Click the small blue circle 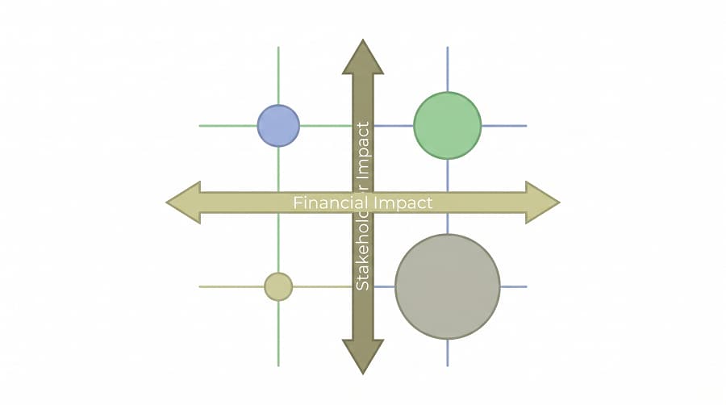click(x=278, y=126)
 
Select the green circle click(x=447, y=126)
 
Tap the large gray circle click(x=447, y=286)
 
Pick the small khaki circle click(x=278, y=287)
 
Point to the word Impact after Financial click(x=403, y=203)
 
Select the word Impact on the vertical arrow click(x=364, y=150)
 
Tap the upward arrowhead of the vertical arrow click(x=363, y=57)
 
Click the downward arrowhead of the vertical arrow click(x=363, y=357)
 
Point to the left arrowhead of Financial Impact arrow click(x=183, y=202)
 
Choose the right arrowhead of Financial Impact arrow click(x=543, y=202)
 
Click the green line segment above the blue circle click(x=278, y=76)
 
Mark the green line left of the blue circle click(x=228, y=126)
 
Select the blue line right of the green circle click(x=504, y=126)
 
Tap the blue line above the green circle click(x=447, y=69)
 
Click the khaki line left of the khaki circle click(x=232, y=287)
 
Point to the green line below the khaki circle click(x=278, y=334)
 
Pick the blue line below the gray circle click(x=447, y=353)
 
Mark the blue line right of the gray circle click(x=514, y=287)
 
